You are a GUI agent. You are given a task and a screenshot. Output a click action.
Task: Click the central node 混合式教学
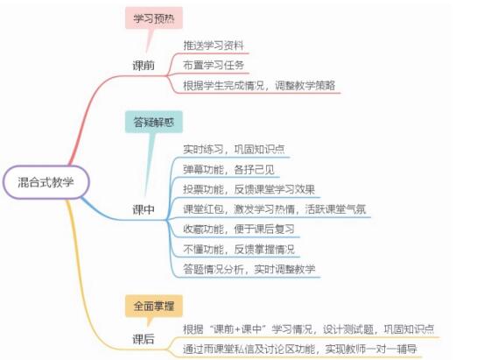point(46,182)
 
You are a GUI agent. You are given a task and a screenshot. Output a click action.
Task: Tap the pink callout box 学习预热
point(154,18)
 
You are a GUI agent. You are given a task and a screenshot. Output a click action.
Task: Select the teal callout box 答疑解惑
point(154,122)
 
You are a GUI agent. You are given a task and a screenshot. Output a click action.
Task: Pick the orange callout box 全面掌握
point(154,306)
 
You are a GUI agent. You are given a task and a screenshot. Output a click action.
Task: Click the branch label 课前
point(144,65)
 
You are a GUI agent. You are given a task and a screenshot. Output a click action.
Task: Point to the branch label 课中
point(144,209)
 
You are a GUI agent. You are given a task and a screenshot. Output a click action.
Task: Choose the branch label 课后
point(144,339)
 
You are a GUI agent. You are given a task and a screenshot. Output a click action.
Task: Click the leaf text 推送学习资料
point(214,46)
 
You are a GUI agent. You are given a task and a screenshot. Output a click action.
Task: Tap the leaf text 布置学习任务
point(214,65)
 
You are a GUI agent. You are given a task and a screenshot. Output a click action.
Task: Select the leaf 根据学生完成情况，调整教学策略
point(259,85)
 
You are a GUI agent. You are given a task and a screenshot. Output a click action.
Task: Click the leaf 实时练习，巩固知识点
point(234,149)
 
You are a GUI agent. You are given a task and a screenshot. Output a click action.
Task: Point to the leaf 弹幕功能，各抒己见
point(228,169)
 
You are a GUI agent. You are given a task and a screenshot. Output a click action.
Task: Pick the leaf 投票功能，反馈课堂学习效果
point(249,189)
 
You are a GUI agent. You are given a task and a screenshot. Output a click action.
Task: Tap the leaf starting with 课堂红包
point(275,209)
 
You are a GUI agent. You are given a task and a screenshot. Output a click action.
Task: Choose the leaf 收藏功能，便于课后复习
point(239,229)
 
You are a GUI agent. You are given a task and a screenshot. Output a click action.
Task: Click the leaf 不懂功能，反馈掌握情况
point(239,249)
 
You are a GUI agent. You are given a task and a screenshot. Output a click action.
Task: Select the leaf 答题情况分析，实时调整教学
point(249,269)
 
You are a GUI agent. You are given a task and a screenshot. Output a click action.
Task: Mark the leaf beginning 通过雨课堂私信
point(299,349)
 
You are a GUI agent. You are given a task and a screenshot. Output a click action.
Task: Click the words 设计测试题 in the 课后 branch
point(348,329)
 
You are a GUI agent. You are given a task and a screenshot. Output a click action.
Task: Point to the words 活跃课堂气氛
point(335,209)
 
